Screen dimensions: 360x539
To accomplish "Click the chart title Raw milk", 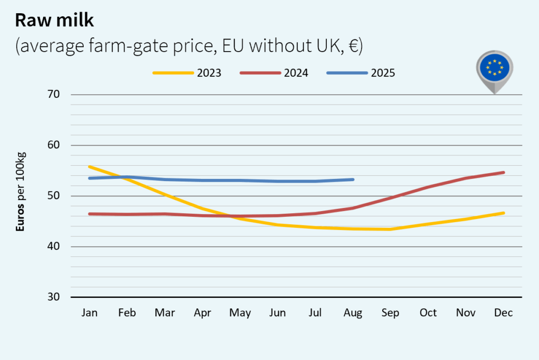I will click(x=54, y=20).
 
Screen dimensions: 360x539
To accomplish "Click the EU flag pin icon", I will click(x=494, y=69).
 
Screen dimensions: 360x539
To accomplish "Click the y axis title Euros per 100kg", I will click(x=21, y=192).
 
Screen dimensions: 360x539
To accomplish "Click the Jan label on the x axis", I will click(x=89, y=313).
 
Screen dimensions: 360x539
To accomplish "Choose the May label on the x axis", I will click(x=240, y=313).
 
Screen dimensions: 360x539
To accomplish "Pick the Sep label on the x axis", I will click(x=391, y=313).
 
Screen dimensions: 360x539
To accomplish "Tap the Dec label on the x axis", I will click(x=503, y=313).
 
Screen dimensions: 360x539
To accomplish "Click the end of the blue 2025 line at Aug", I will click(x=353, y=179).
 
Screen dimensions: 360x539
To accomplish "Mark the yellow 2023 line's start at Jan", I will click(x=89, y=167).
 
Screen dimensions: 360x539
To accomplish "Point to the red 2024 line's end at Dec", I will click(x=503, y=173).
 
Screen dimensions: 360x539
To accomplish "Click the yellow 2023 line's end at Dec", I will click(x=503, y=213).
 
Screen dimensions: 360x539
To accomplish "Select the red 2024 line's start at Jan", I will click(x=89, y=214).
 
